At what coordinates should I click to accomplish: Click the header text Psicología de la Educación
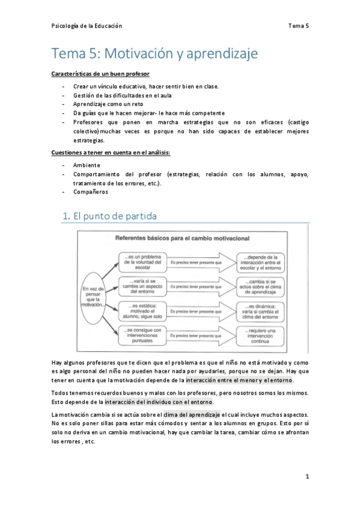(87, 26)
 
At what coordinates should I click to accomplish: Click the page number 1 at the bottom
(307, 476)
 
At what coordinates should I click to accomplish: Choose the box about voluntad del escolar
(141, 262)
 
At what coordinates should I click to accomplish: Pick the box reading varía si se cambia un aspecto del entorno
(141, 286)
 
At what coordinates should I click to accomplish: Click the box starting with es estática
(141, 310)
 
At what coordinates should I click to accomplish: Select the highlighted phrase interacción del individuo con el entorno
(159, 402)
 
